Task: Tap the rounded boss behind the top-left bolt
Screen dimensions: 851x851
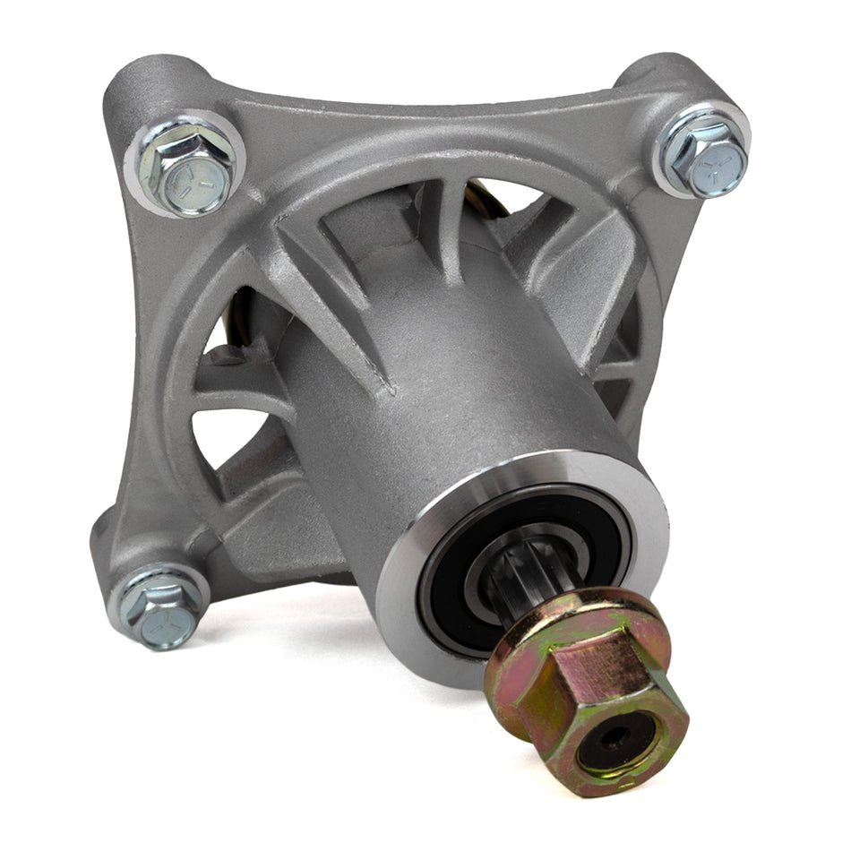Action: point(143,81)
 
